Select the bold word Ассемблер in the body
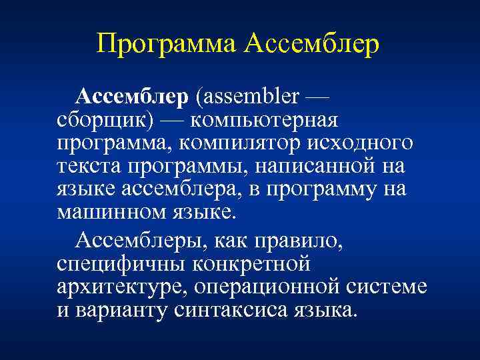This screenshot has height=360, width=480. click(x=132, y=97)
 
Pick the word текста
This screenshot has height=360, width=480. click(x=87, y=167)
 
